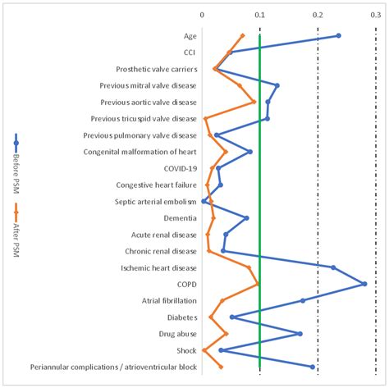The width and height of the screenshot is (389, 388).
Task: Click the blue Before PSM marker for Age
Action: (x=338, y=36)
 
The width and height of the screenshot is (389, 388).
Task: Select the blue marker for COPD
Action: (x=364, y=284)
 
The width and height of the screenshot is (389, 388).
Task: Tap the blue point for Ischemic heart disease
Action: (x=333, y=267)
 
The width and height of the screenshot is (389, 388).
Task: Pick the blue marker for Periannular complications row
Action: (x=313, y=367)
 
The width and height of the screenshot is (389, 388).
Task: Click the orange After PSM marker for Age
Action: (x=242, y=36)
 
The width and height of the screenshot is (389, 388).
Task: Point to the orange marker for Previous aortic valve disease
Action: (x=254, y=102)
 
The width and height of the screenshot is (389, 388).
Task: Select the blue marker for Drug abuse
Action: (x=300, y=333)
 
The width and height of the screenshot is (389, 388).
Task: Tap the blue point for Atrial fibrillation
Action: (x=303, y=300)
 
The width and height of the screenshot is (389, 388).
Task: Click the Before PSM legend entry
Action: (x=16, y=156)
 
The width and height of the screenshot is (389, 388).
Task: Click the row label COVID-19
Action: (x=180, y=168)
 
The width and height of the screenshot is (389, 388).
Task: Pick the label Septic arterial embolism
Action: (x=154, y=201)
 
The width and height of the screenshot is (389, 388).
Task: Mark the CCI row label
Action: (x=190, y=52)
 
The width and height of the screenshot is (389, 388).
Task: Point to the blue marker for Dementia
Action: (x=246, y=217)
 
